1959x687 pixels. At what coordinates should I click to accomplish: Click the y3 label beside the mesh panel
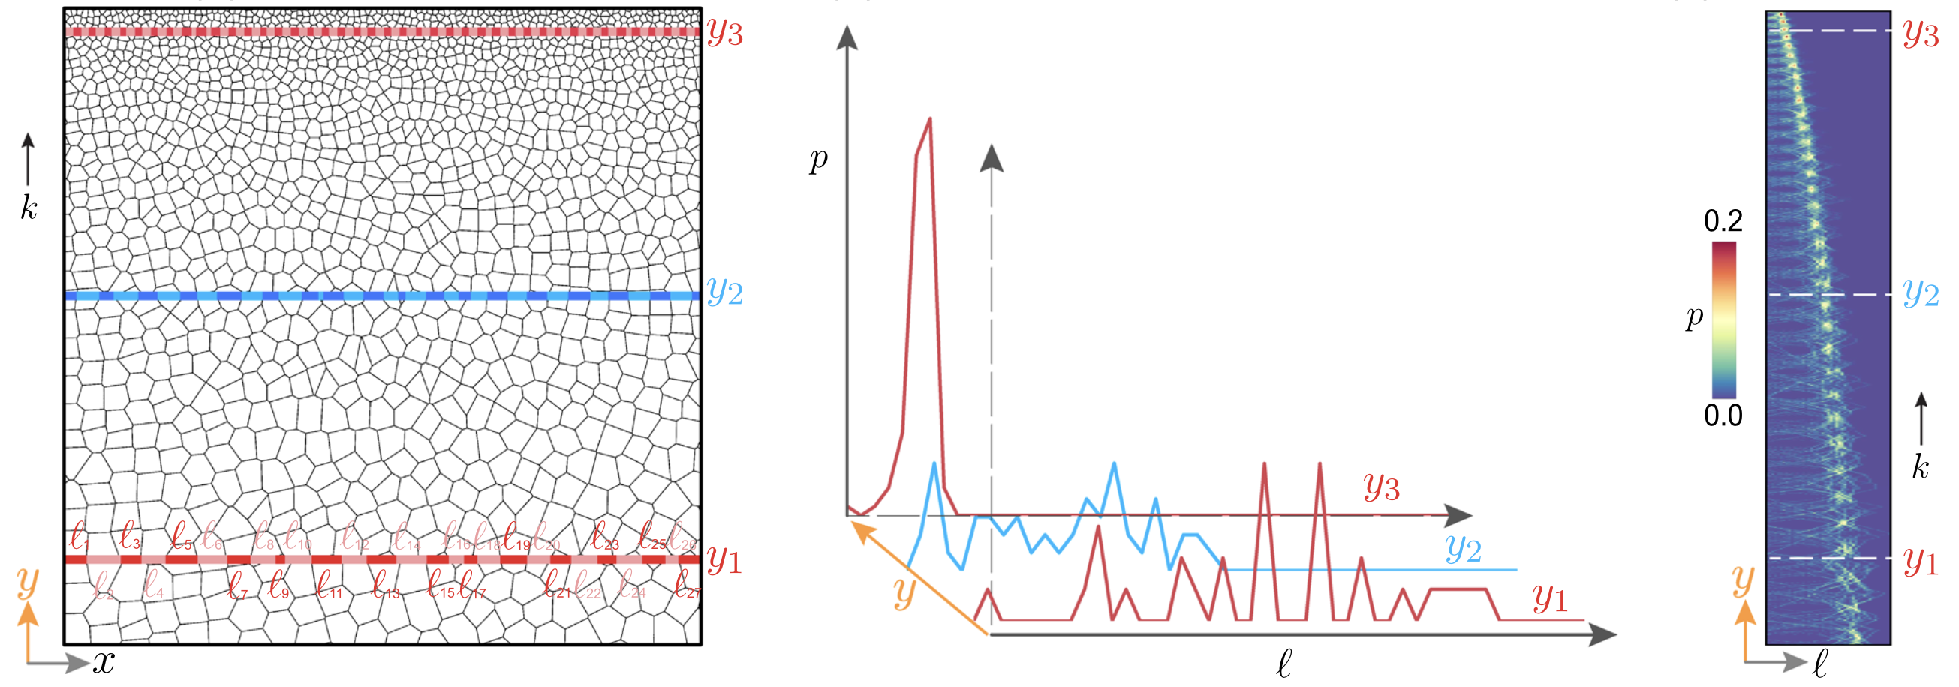point(724,33)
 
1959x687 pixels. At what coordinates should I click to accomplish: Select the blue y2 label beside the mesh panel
point(724,292)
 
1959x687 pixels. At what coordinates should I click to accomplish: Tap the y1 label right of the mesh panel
point(724,561)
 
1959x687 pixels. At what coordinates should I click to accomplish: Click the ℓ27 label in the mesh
point(687,586)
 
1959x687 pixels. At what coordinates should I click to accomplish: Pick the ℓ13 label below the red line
point(385,586)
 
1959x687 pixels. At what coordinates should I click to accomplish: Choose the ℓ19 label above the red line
point(517,536)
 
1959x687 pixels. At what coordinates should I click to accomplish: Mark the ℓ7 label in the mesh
point(238,586)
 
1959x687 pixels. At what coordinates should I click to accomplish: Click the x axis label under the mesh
point(104,664)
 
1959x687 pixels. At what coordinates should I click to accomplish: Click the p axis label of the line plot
point(818,160)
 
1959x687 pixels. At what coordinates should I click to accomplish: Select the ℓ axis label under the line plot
point(1283,664)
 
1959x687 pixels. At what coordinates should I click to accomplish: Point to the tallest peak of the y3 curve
point(930,119)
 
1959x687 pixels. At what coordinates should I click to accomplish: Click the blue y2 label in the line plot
point(1463,548)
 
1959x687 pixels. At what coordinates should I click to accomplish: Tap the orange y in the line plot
point(904,592)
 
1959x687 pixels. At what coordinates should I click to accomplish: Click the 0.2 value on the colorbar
point(1723,221)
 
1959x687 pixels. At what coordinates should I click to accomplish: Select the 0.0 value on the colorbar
point(1723,415)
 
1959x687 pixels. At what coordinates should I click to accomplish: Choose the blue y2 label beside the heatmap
point(1920,292)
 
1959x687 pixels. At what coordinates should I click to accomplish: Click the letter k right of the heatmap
point(1920,466)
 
